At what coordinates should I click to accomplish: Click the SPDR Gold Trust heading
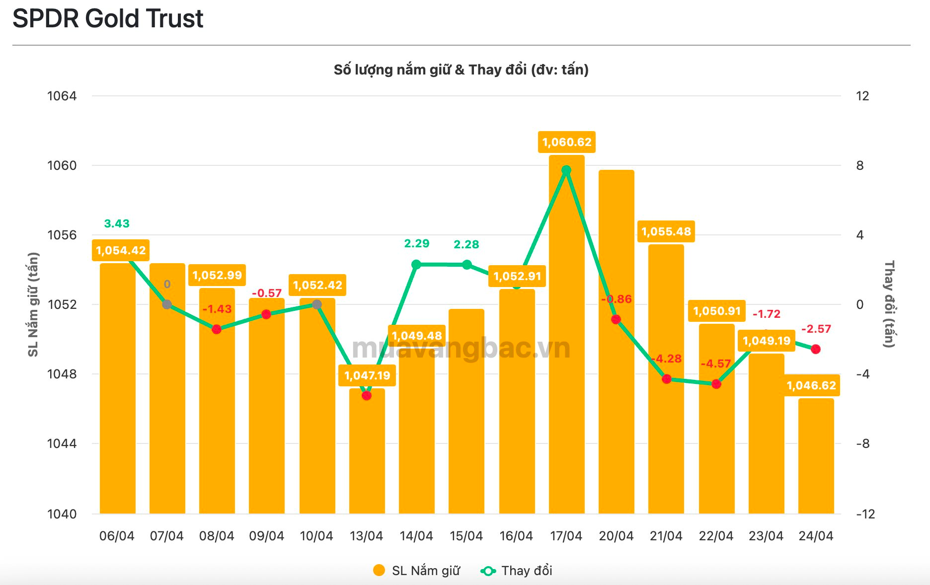(108, 19)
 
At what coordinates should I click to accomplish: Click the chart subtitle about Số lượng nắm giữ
(461, 70)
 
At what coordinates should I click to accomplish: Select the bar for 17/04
(566, 348)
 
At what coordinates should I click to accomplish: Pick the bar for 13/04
(367, 457)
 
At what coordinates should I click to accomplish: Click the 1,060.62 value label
(566, 143)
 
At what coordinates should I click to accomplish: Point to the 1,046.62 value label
(811, 385)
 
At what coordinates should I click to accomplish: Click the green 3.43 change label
(117, 223)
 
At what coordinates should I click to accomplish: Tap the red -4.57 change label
(715, 364)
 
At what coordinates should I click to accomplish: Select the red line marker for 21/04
(667, 379)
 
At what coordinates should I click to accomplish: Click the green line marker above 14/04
(416, 265)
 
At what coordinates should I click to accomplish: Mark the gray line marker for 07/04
(167, 304)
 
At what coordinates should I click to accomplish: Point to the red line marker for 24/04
(816, 349)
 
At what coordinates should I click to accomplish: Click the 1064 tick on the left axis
(62, 96)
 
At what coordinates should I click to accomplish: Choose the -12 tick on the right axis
(865, 514)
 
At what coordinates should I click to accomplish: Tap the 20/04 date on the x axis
(616, 536)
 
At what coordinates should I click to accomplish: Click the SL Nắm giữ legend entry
(417, 571)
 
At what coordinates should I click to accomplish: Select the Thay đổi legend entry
(517, 571)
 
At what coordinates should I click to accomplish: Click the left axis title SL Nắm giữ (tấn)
(33, 304)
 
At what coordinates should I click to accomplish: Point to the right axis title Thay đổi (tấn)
(889, 304)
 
